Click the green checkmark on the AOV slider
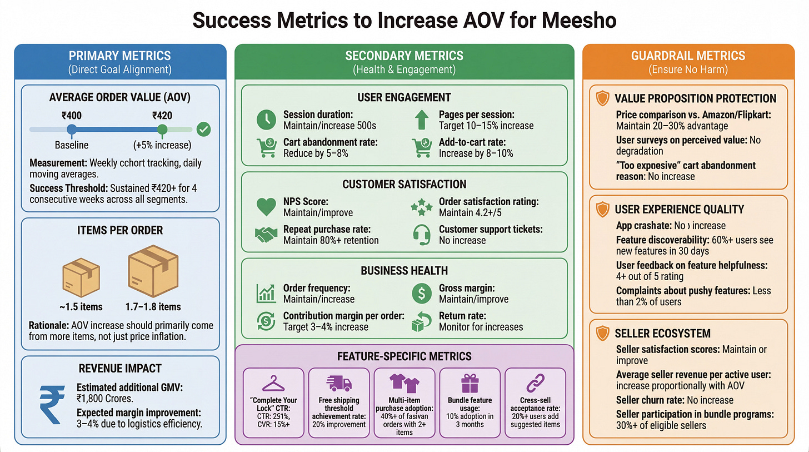click(204, 130)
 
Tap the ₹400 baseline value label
click(71, 116)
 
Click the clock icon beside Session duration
click(266, 120)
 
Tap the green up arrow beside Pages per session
click(422, 120)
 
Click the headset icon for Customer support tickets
click(422, 235)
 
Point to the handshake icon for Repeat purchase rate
click(266, 235)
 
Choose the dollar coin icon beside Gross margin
click(422, 293)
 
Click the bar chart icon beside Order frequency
click(266, 293)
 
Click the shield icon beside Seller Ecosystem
click(602, 334)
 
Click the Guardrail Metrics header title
click(688, 56)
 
